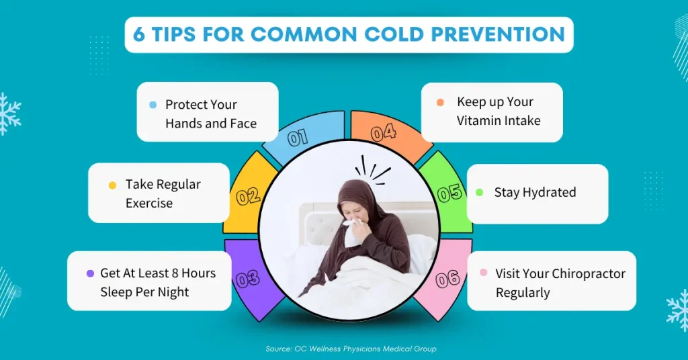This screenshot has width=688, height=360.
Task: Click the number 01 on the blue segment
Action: [298, 138]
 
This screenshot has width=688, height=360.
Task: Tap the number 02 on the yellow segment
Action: [248, 196]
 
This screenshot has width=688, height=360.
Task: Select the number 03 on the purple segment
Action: [248, 279]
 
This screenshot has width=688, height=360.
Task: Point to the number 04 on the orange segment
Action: [384, 133]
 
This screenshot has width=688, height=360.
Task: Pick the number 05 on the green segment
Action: [449, 193]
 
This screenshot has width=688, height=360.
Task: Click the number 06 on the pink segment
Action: [447, 279]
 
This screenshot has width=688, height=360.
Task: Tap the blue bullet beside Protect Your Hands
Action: [153, 105]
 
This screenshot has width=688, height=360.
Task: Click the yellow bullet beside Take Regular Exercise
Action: [112, 185]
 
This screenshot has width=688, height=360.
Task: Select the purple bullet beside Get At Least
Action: [91, 273]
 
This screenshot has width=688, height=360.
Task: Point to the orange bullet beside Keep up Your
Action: [440, 102]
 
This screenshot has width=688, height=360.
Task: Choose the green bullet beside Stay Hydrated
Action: [479, 192]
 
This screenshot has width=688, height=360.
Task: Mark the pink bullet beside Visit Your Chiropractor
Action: [484, 272]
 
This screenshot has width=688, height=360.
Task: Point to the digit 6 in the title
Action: [138, 35]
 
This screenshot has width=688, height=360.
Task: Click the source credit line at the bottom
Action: [351, 349]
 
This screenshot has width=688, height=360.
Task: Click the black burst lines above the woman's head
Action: [372, 170]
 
